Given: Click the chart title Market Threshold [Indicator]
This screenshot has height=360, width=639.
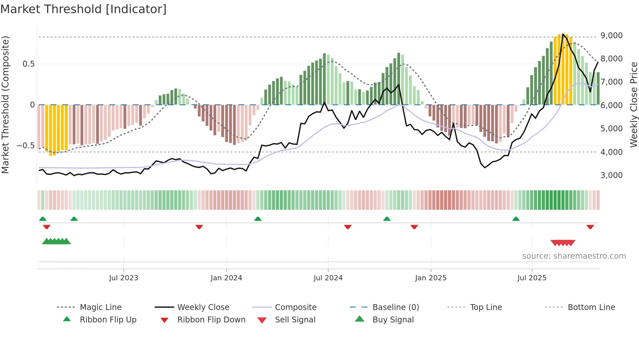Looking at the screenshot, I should (x=83, y=9).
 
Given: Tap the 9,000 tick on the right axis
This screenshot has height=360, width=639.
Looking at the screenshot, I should (x=611, y=35).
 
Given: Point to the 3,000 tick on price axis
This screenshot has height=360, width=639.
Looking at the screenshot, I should (x=611, y=175).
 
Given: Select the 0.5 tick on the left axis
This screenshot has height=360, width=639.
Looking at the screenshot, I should (x=28, y=64).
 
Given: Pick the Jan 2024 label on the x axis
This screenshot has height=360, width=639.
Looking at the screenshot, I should (x=226, y=278).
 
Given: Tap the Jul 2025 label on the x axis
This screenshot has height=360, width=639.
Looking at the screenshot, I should (x=532, y=278).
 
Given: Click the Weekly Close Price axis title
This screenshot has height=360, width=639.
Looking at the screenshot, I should (x=633, y=105).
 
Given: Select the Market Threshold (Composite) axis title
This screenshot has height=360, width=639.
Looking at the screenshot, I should (x=5, y=105).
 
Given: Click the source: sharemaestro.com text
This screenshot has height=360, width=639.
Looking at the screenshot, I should (x=574, y=256).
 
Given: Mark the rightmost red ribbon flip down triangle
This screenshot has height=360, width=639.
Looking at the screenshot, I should (x=590, y=227).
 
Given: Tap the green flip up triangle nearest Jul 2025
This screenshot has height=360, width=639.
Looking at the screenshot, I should (x=516, y=219).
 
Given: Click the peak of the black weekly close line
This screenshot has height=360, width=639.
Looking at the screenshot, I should (x=563, y=34).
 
